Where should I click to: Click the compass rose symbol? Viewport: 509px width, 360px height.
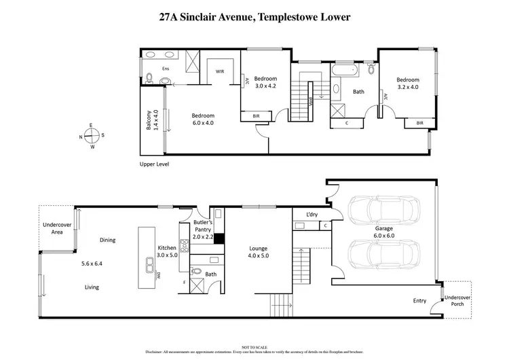pos(92,135)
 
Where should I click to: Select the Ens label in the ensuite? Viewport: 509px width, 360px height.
pos(166,69)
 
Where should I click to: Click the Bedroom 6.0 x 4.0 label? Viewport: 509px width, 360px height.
pos(202,120)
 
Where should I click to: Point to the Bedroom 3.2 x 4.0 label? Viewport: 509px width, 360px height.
pos(412,83)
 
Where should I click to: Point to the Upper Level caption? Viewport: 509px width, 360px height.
pos(153,164)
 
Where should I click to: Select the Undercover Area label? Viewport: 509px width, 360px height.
pos(52,228)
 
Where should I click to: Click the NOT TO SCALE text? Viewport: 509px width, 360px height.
pos(254,348)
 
